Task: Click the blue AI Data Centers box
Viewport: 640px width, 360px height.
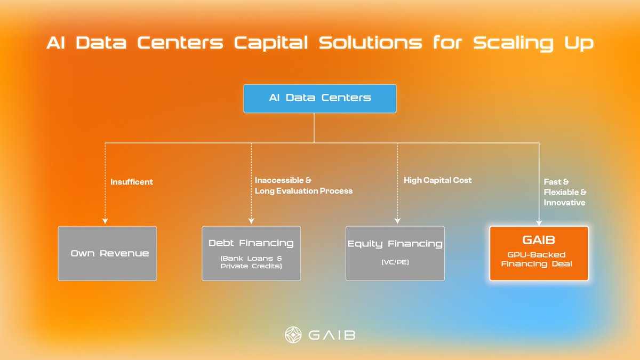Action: click(320, 98)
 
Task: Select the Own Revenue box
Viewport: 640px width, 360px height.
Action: click(107, 253)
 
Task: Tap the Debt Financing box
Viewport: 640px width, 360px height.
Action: click(251, 253)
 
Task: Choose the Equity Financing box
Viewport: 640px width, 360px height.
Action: click(395, 253)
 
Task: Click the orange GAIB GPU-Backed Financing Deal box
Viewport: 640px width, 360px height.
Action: click(539, 253)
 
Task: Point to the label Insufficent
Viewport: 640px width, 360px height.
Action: click(132, 182)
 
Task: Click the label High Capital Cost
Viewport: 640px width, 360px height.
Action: click(438, 180)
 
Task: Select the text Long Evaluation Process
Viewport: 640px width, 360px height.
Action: click(303, 191)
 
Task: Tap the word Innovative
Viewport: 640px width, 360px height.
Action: click(564, 203)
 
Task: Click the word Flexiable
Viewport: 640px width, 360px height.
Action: click(565, 192)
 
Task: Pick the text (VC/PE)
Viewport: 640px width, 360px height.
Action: click(395, 262)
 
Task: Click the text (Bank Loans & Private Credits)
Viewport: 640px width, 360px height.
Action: click(251, 262)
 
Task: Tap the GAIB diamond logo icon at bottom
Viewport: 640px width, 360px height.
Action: click(294, 335)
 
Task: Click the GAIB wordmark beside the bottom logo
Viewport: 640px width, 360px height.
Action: click(332, 335)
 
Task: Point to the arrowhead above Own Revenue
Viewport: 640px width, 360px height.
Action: click(105, 221)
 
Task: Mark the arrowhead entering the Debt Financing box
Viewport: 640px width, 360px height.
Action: click(251, 221)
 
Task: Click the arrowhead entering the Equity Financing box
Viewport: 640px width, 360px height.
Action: click(397, 221)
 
